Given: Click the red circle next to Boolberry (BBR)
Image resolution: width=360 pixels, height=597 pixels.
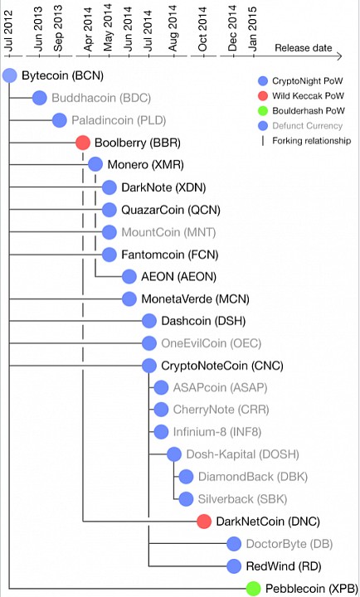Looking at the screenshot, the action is pyautogui.click(x=83, y=143).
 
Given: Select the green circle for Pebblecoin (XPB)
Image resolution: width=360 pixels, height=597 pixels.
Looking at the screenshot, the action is pyautogui.click(x=253, y=588).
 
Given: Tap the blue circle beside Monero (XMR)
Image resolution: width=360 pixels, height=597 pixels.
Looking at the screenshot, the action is pyautogui.click(x=95, y=165).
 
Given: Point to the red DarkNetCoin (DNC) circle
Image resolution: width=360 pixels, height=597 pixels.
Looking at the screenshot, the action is pyautogui.click(x=204, y=522).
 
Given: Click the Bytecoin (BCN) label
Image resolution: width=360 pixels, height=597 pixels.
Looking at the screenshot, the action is pyautogui.click(x=62, y=75).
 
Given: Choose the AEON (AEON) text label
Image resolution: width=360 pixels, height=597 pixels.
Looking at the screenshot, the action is pyautogui.click(x=178, y=276).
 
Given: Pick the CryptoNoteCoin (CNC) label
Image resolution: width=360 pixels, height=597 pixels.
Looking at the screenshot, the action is pyautogui.click(x=222, y=366).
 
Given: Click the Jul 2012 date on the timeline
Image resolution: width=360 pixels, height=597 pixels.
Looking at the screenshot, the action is pyautogui.click(x=9, y=32).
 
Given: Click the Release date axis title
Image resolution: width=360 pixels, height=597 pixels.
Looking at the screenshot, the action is pyautogui.click(x=304, y=48).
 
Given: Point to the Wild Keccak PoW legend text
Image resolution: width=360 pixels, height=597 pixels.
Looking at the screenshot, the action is pyautogui.click(x=308, y=96).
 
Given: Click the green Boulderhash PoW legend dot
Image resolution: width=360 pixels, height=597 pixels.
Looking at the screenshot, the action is pyautogui.click(x=262, y=111).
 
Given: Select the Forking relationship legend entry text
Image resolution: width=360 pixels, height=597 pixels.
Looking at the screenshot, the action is pyautogui.click(x=312, y=141).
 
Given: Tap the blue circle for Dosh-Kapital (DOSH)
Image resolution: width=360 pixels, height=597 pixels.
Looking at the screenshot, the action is pyautogui.click(x=174, y=454).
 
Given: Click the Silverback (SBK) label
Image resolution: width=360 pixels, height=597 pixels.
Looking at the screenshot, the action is pyautogui.click(x=243, y=499).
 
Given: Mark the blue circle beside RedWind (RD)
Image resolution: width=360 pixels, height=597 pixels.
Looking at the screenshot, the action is pyautogui.click(x=234, y=566).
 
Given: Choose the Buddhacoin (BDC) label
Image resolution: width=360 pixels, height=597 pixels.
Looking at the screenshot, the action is pyautogui.click(x=101, y=98).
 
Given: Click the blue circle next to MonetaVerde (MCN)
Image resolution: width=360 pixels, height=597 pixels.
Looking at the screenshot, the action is pyautogui.click(x=129, y=298).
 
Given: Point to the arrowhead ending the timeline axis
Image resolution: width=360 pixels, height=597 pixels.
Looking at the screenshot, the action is pyautogui.click(x=338, y=56).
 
